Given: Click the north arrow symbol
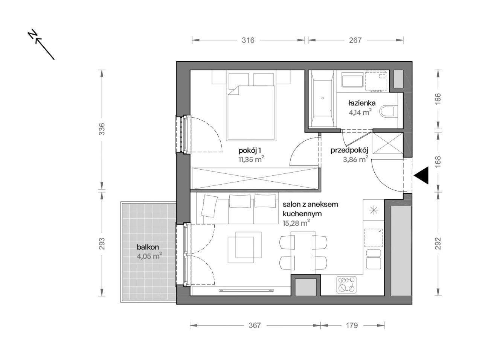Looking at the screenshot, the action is [41, 44].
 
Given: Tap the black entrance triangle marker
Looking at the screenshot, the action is [421, 175].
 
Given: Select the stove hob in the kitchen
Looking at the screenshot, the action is [347, 285].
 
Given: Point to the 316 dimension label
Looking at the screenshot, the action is [248, 40].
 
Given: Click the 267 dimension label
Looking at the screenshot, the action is [355, 40].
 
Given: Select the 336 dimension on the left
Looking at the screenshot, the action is [102, 129].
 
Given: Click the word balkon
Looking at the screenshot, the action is [148, 247].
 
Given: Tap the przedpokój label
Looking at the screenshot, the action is [349, 150].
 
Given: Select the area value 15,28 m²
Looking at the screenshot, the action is [296, 223].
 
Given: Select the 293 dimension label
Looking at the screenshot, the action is [102, 244].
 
